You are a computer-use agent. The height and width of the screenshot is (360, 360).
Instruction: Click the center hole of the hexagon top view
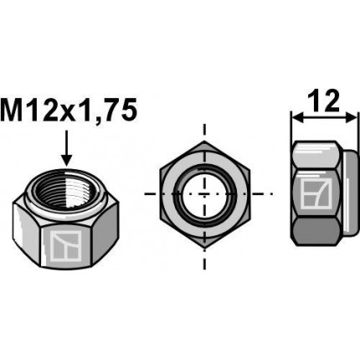203,194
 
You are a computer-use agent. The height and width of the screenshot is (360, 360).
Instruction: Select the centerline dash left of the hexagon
148,194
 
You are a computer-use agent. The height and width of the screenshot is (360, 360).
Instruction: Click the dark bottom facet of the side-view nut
318,229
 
